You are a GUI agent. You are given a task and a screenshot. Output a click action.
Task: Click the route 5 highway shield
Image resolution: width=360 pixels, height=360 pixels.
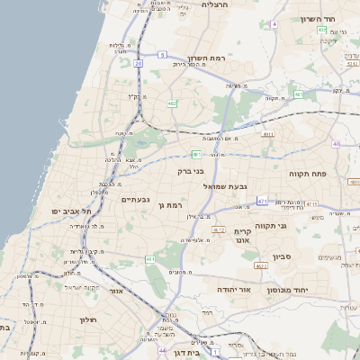coord(162,55)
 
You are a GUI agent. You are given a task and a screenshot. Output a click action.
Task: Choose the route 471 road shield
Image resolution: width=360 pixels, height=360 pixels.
coord(262,200)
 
